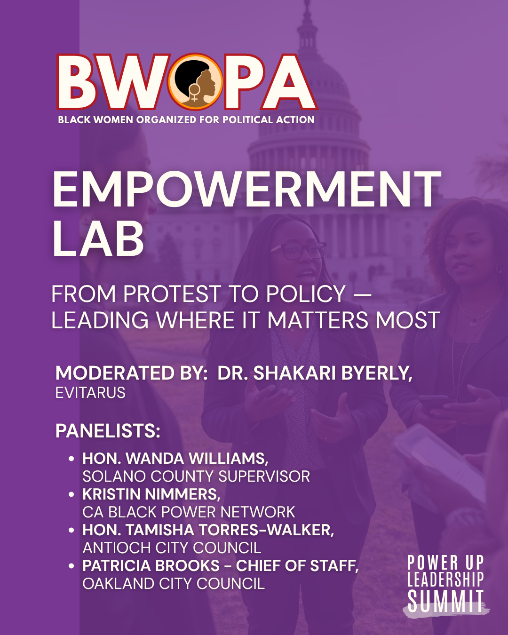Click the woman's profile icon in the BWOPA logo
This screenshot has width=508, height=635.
195,81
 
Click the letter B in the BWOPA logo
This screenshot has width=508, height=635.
77,82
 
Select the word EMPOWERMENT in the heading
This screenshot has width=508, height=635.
247,190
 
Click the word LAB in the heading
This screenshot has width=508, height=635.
98,238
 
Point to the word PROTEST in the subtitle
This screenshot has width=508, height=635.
172,294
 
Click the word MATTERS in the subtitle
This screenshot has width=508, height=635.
317,320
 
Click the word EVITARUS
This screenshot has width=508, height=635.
90,393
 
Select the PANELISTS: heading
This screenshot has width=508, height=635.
108,431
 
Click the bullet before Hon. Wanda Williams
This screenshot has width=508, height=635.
71,459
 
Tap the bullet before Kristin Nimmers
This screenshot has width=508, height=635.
71,494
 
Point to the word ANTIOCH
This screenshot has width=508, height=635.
117,548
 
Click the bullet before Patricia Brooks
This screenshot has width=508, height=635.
71,566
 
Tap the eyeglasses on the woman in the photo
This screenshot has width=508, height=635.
298,251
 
